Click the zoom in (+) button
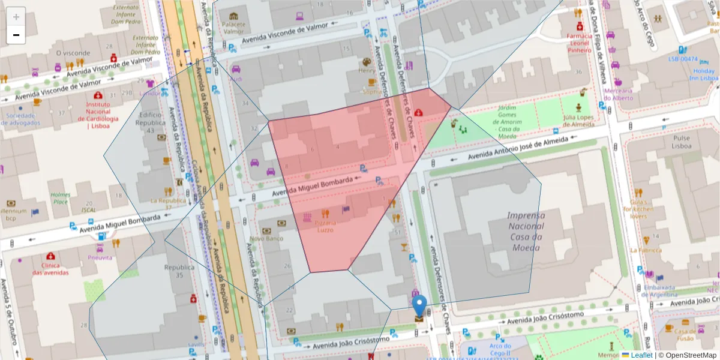point(16,16)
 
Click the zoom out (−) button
point(16,35)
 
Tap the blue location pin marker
point(419,305)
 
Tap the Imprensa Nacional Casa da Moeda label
point(526,226)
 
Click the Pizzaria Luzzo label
point(326,226)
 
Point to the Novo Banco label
point(266,238)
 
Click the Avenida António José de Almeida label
point(517,147)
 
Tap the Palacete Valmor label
point(233,28)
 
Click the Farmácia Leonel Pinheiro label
point(580,43)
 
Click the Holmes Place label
point(60,198)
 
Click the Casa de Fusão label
point(684,334)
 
